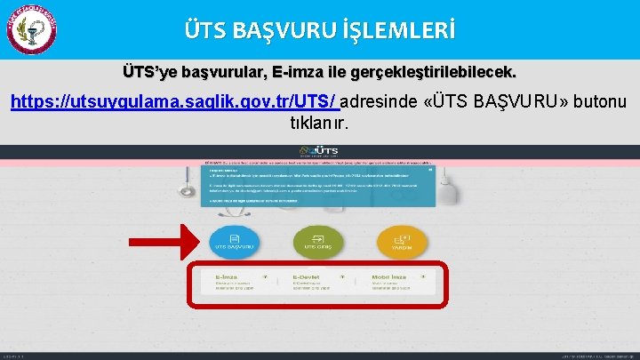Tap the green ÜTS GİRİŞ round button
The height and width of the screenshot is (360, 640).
tap(317, 241)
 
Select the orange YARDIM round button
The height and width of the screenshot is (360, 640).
tap(401, 241)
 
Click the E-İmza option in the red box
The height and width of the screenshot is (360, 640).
tap(235, 284)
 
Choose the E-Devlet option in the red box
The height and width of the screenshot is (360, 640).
tap(317, 284)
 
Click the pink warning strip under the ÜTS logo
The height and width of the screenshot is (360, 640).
tap(319, 164)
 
